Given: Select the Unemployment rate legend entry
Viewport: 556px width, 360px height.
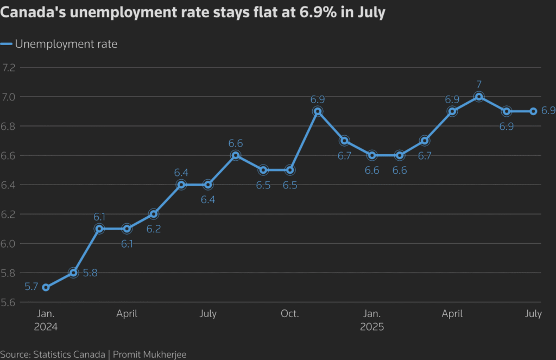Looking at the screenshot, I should pos(66,44).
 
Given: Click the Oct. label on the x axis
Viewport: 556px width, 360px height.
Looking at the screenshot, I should pos(289,314).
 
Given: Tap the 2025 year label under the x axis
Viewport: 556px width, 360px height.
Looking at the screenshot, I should pos(372,327).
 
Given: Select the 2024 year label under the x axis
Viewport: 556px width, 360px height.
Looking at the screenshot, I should pos(46,327).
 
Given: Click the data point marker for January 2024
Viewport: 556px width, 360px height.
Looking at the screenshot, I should pos(46,287).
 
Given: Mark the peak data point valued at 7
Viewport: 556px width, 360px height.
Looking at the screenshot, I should pos(479,97).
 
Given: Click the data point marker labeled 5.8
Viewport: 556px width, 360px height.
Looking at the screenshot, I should pos(73,273).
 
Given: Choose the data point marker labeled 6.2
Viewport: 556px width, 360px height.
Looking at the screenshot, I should pos(154,214).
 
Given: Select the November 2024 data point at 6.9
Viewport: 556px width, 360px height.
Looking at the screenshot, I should pos(317,111).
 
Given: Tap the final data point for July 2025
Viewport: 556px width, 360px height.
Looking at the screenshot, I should pos(533,111).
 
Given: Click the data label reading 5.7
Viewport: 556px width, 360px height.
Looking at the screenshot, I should pos(31,286).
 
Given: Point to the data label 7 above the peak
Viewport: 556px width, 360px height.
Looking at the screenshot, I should pos(479,84).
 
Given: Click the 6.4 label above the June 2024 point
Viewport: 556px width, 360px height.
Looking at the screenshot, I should pos(181,173).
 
